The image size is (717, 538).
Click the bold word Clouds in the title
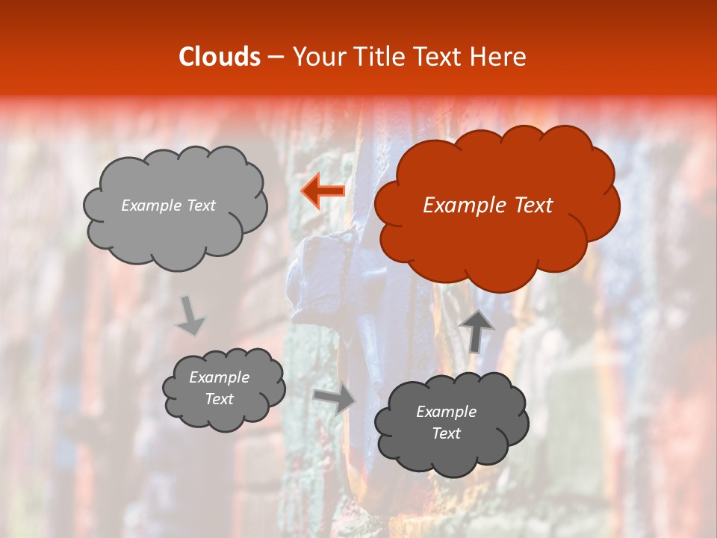coord(220,57)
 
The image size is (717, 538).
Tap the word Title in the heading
coord(375,57)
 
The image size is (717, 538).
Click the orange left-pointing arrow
coord(323,191)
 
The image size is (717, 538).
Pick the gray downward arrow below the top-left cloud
coord(190,315)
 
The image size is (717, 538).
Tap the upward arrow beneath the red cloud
coord(476,331)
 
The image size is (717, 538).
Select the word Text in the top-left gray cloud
coord(201,205)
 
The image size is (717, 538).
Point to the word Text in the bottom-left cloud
coord(220,399)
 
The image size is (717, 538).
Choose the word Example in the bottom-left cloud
coord(220,378)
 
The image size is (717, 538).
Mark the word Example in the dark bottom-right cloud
coord(447,412)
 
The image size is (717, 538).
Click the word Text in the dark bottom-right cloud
coord(447,433)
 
